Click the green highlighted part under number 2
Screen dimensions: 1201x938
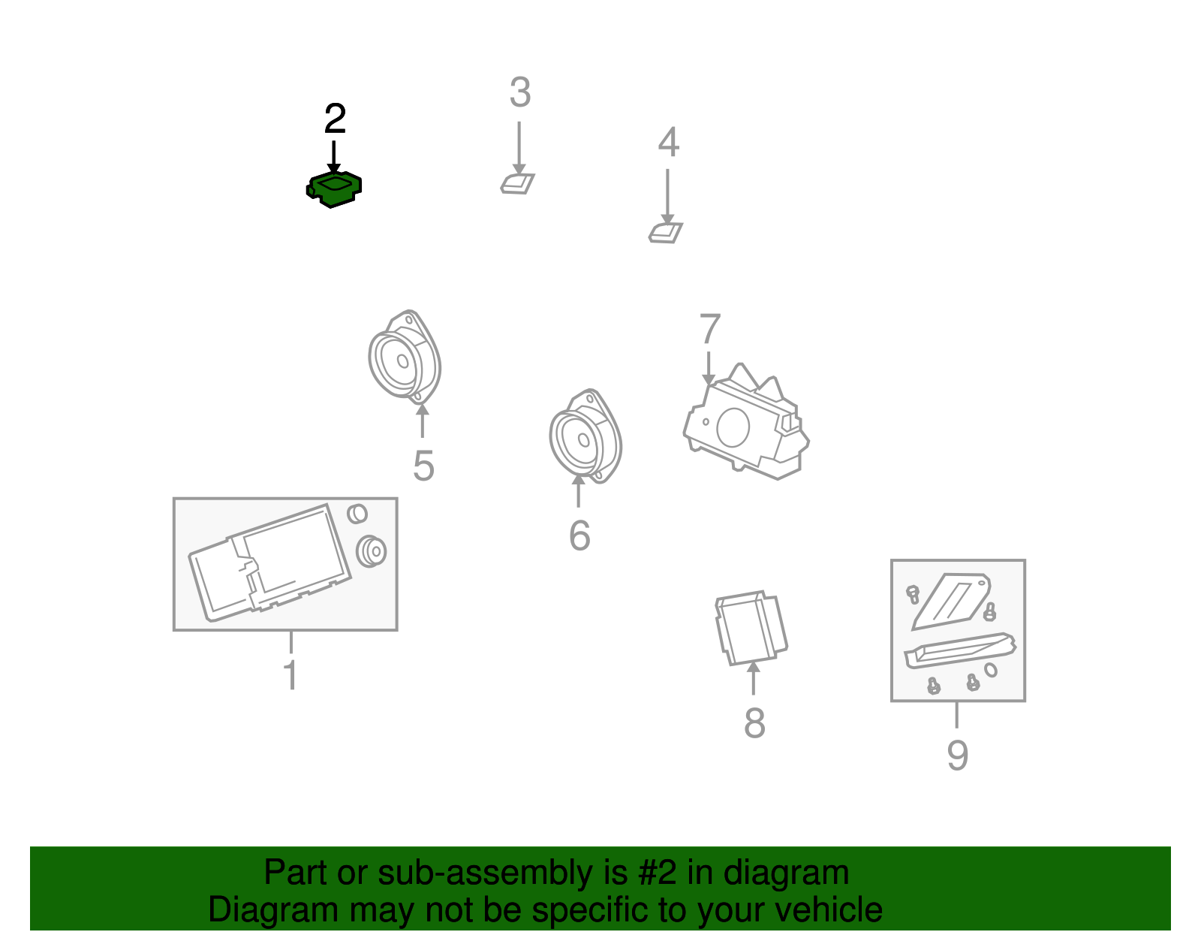click(x=334, y=189)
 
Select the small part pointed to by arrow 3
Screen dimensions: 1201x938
click(x=517, y=183)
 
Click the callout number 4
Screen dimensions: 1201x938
click(x=668, y=141)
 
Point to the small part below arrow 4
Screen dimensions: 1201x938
click(x=666, y=233)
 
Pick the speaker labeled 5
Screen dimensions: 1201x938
click(x=405, y=357)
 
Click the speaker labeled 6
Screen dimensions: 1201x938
click(x=585, y=436)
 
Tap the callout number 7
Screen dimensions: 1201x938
click(x=710, y=328)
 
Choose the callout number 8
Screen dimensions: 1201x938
click(x=754, y=722)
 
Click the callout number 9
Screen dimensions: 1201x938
click(x=958, y=756)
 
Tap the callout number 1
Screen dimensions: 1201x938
click(x=290, y=675)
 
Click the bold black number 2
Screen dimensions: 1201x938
click(x=335, y=119)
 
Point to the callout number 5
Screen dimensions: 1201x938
click(x=424, y=466)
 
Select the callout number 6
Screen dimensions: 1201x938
click(x=579, y=535)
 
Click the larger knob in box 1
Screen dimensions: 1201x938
click(x=371, y=551)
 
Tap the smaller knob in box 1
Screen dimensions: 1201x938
click(x=357, y=514)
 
